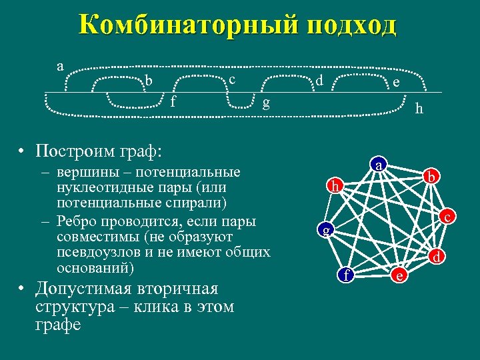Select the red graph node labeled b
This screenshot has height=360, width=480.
point(431,177)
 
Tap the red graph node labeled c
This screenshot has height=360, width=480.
point(449,217)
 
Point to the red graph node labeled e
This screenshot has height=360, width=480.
point(399,275)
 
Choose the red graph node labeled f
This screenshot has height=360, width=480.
point(346,274)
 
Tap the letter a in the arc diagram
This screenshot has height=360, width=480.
point(60,65)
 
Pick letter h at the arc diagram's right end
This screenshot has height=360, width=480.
point(419,108)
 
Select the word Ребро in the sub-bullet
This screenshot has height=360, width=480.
point(79,221)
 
